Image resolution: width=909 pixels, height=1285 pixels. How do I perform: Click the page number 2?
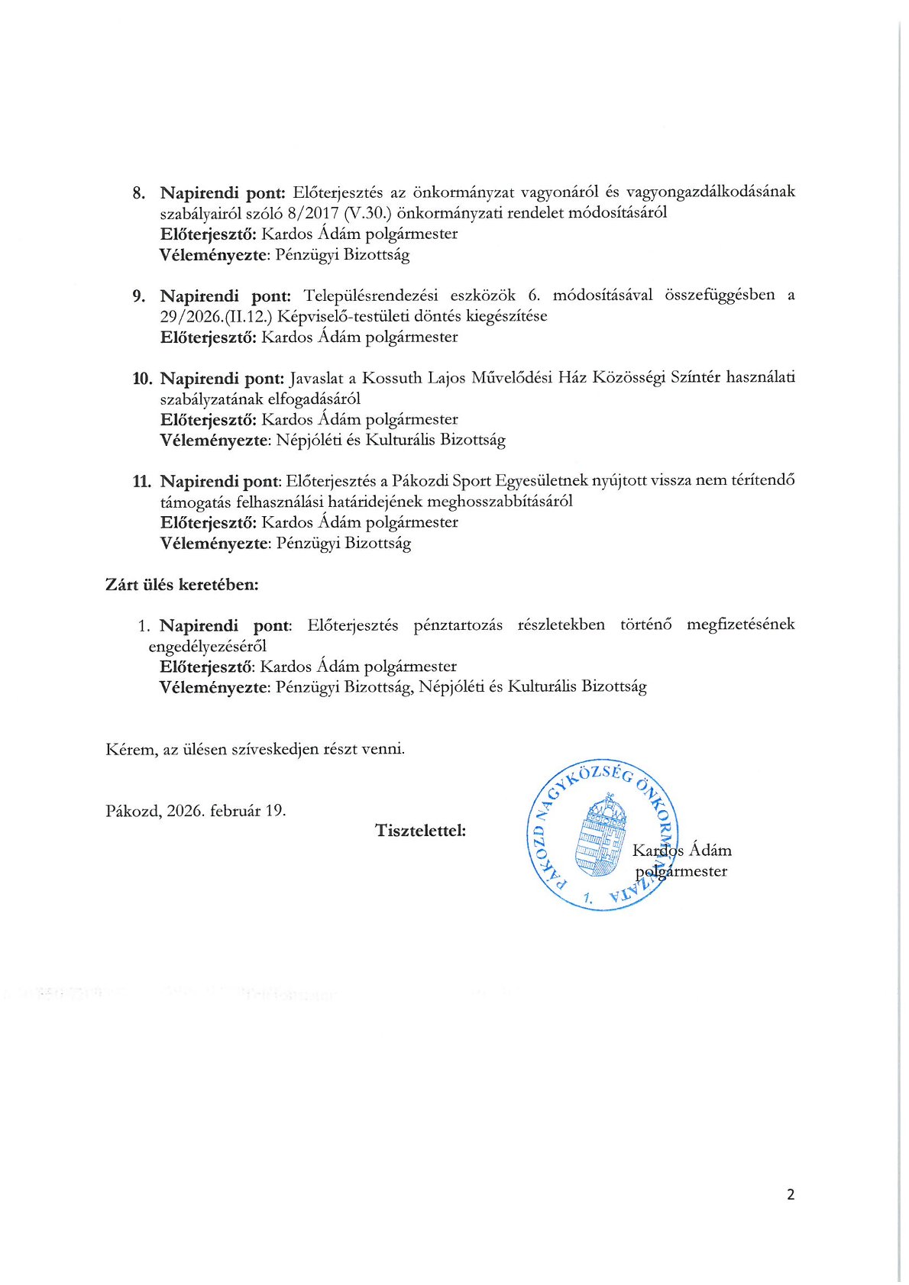791,1194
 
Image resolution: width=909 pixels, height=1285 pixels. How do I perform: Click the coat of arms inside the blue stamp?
603,838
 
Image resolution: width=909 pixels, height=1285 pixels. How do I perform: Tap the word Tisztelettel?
421,830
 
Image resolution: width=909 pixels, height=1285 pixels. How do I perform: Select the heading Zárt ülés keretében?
182,585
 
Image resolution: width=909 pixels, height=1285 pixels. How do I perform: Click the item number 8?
138,192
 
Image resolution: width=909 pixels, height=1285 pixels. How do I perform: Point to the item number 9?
138,295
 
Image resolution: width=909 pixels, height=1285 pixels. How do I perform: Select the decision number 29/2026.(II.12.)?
216,316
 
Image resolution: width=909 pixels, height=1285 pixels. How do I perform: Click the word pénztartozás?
458,625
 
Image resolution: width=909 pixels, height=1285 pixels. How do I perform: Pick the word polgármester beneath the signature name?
681,871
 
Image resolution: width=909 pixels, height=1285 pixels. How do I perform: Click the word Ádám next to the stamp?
710,851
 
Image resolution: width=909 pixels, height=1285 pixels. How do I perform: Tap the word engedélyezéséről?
207,646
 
